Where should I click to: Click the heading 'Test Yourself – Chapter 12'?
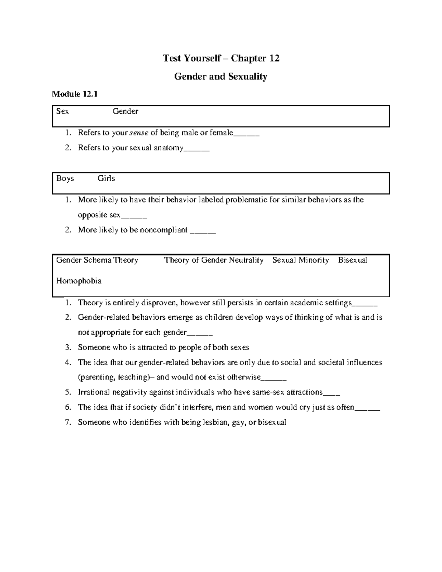(x=221, y=58)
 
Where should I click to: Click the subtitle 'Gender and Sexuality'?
(x=221, y=77)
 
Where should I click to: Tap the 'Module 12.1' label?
(x=75, y=94)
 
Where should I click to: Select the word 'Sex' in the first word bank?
(x=62, y=111)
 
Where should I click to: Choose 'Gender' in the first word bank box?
(x=125, y=111)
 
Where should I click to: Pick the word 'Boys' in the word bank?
(x=65, y=179)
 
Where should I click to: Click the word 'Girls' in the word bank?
(x=106, y=179)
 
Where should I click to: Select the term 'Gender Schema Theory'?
(x=97, y=260)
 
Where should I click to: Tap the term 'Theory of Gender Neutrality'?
(x=214, y=260)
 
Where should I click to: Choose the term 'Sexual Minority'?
(x=301, y=260)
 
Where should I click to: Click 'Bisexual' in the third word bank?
(x=353, y=260)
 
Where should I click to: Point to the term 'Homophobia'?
(x=78, y=281)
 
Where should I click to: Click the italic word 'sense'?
(x=138, y=133)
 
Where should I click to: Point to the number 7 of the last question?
(x=67, y=422)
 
